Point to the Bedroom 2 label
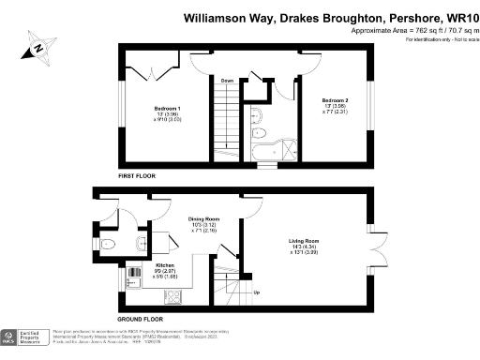tap(335, 100)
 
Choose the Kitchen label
tap(139, 265)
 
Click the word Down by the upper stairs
tap(227, 82)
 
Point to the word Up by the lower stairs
tap(257, 292)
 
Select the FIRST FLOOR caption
tap(137, 175)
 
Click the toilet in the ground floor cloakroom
tap(107, 246)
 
